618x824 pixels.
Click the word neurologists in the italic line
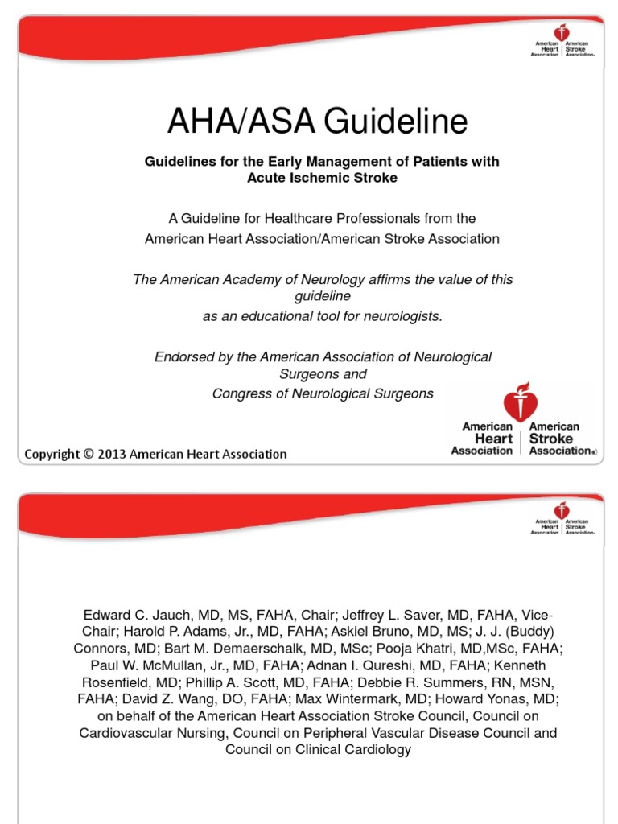400,316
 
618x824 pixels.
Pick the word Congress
239,393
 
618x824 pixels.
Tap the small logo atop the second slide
562,520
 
